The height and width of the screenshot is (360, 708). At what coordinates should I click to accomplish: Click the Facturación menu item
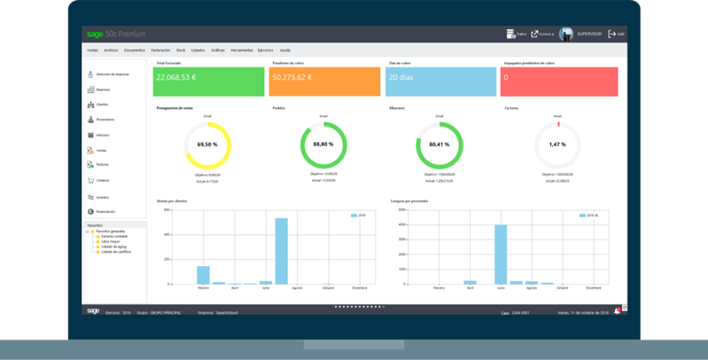(x=159, y=51)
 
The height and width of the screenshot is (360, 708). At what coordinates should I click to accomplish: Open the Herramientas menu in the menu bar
(x=241, y=51)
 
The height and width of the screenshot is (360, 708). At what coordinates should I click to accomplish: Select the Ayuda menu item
(x=284, y=51)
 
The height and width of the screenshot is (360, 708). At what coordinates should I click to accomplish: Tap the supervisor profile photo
(x=565, y=33)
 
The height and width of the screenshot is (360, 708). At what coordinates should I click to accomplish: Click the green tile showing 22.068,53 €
(x=209, y=81)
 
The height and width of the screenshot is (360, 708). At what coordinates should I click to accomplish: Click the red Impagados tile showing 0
(x=558, y=81)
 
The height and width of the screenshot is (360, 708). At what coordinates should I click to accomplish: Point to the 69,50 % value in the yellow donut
(x=206, y=144)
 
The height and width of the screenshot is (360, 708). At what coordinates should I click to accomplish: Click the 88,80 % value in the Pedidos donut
(x=323, y=144)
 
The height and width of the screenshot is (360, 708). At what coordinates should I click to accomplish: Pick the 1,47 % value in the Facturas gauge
(x=556, y=144)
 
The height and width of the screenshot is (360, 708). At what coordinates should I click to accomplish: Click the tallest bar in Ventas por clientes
(x=281, y=251)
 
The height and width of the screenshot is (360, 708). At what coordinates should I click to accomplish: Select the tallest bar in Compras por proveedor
(x=501, y=254)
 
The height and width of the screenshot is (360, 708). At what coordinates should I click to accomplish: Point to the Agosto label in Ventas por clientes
(x=297, y=288)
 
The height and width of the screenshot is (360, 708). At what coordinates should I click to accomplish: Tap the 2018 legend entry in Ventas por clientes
(x=359, y=215)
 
